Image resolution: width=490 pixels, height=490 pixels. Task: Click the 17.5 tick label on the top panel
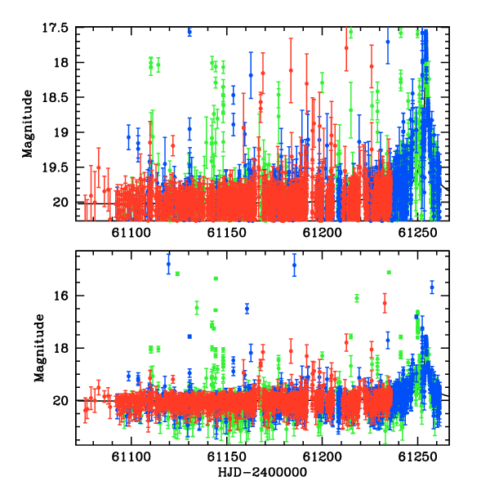(x=55, y=28)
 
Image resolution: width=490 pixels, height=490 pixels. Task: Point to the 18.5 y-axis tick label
(x=55, y=97)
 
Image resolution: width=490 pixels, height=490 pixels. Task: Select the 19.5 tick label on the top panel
(x=55, y=167)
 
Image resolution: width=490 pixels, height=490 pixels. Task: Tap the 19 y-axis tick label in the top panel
(x=60, y=132)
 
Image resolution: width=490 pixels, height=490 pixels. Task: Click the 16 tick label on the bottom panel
(x=60, y=296)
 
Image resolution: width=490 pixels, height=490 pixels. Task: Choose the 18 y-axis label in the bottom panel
(x=60, y=348)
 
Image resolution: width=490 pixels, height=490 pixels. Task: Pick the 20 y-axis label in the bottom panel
(x=60, y=400)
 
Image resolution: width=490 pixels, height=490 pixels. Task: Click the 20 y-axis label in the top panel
(x=60, y=203)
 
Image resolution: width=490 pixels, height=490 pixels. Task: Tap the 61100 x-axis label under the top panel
(x=131, y=233)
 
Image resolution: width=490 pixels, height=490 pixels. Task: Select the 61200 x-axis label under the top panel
(x=323, y=233)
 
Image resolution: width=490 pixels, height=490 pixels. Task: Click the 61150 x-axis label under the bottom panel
(x=226, y=457)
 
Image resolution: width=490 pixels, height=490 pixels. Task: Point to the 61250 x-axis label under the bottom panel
(x=417, y=457)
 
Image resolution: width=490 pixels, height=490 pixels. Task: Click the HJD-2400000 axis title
(x=262, y=472)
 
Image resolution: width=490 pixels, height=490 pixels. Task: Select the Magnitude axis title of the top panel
(x=28, y=124)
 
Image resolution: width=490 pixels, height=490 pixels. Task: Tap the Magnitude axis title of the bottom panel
(x=40, y=348)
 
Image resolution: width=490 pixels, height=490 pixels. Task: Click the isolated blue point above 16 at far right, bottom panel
(x=432, y=287)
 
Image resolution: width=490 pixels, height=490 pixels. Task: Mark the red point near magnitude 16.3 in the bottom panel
(x=385, y=303)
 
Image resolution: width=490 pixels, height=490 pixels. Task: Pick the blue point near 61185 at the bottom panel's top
(x=294, y=265)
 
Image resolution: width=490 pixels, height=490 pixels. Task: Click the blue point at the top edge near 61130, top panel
(x=189, y=32)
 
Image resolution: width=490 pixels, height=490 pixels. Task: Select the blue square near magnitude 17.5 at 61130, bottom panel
(x=189, y=336)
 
